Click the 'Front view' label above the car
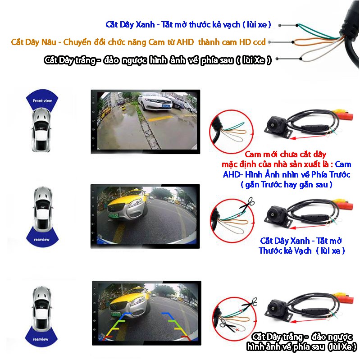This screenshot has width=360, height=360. pyautogui.click(x=42, y=100)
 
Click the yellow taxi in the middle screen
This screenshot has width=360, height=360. pyautogui.click(x=128, y=203)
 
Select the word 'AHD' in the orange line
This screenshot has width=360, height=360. pyautogui.click(x=185, y=42)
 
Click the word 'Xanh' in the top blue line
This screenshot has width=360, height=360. pyautogui.click(x=145, y=25)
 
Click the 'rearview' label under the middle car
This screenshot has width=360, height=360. pyautogui.click(x=41, y=239)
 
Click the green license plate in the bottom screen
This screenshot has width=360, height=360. pyautogui.click(x=116, y=314)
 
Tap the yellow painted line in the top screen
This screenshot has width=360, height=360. pyautogui.click(x=161, y=118)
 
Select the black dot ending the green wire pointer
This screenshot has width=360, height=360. pyautogui.click(x=297, y=25)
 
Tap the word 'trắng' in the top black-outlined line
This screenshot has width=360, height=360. pyautogui.click(x=86, y=60)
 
